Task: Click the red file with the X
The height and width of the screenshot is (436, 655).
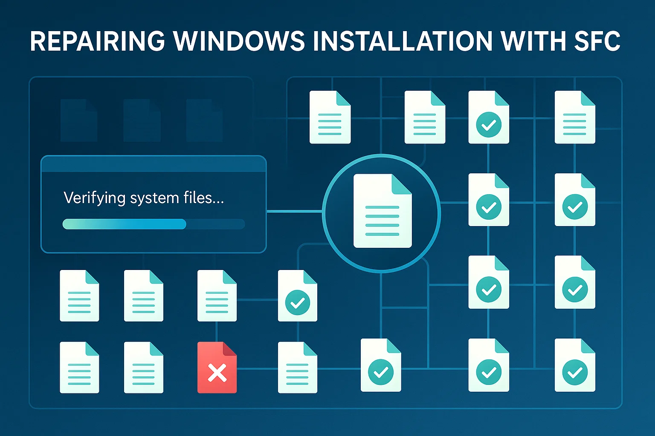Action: coord(217,367)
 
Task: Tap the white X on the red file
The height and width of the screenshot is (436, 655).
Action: coord(217,373)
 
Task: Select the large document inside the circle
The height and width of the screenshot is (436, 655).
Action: coord(382,211)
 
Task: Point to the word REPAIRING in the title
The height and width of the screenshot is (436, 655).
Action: coord(97,41)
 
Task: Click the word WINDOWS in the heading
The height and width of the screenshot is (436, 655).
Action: coord(239,41)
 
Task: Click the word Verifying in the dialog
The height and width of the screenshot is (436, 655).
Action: coord(94,198)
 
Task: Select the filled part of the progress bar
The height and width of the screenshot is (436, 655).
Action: coord(124,224)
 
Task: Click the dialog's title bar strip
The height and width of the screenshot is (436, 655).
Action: coord(154,164)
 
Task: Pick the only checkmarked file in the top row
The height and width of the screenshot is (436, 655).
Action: coord(489,117)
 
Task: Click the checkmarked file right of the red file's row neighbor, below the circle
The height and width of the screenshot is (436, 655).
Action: coord(380,365)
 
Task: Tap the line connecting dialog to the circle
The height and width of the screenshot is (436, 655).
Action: coord(294,211)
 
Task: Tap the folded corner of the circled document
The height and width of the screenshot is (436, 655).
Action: coord(401,184)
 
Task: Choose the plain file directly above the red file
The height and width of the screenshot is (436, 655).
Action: coord(217,295)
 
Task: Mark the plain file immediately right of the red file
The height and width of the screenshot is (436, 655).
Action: coord(297,367)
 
